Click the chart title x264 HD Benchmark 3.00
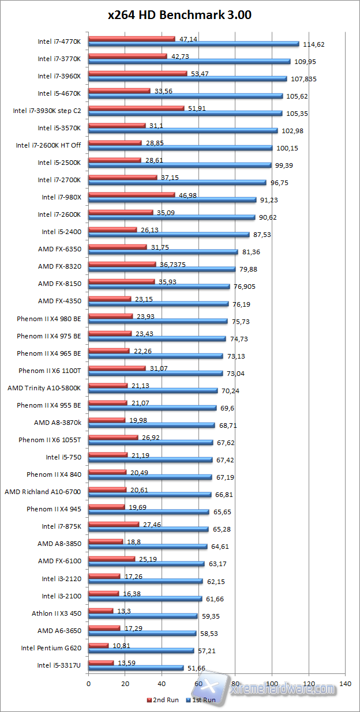pyautogui.click(x=180, y=16)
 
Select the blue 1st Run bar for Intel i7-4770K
pyautogui.click(x=193, y=44)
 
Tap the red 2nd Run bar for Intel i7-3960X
pyautogui.click(x=137, y=73)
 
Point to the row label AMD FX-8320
pyautogui.click(x=59, y=266)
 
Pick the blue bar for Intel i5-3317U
pyautogui.click(x=136, y=668)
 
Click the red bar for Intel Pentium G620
pyautogui.click(x=98, y=645)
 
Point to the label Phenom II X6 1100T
pyautogui.click(x=50, y=370)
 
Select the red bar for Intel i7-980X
pyautogui.click(x=132, y=195)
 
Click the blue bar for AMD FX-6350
pyautogui.click(x=163, y=251)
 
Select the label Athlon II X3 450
pyautogui.click(x=56, y=613)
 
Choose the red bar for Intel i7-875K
pyautogui.click(x=114, y=524)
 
